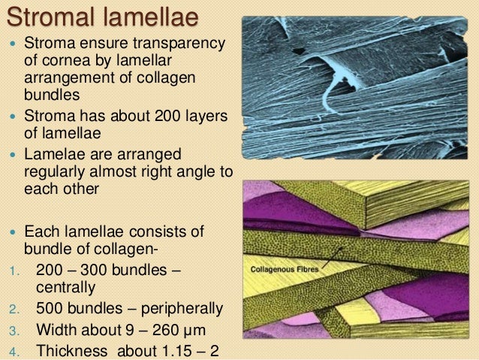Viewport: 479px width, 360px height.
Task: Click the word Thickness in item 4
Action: click(x=72, y=350)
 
